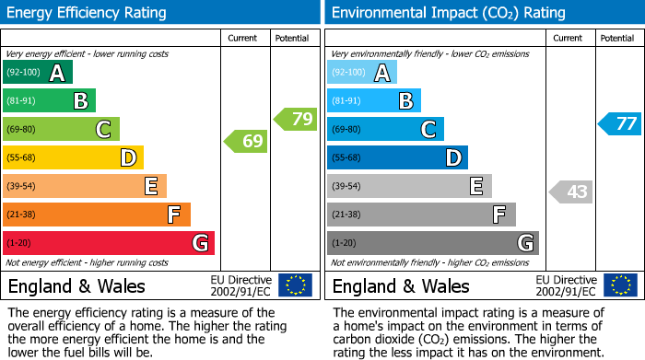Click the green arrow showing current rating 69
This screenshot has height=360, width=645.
[x=245, y=142]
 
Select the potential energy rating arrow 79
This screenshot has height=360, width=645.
[x=295, y=119]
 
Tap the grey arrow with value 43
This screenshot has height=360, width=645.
[x=570, y=192]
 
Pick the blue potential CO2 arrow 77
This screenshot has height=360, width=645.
[x=619, y=123]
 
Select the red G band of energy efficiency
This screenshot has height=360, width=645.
[x=109, y=243]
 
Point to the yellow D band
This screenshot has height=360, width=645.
[x=74, y=158]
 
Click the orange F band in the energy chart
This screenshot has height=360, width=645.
[x=97, y=215]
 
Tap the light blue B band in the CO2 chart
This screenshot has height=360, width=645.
[x=373, y=101]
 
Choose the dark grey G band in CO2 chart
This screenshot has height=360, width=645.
[x=432, y=243]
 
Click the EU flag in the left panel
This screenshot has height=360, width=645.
[x=295, y=285]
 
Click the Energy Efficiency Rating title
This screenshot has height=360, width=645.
[x=88, y=13]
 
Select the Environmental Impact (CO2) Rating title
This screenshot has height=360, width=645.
[x=448, y=13]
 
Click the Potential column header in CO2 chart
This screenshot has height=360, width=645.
[x=616, y=38]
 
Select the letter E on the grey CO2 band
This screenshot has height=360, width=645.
[x=476, y=187]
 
